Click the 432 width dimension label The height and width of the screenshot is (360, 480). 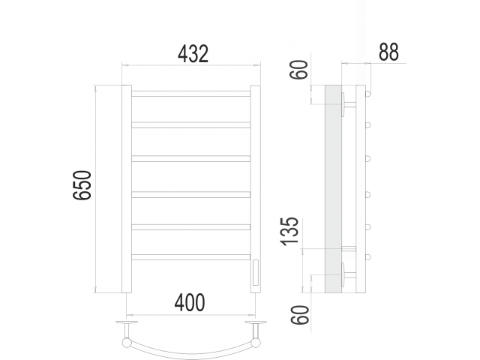point(193,54)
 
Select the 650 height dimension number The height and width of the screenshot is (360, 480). point(82,185)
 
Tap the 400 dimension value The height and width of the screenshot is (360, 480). point(190,302)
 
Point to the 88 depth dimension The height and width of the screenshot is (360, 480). point(388,52)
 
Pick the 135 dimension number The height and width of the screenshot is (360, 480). point(289,231)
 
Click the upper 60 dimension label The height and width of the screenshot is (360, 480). point(298,70)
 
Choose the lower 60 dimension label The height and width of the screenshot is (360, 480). point(300,315)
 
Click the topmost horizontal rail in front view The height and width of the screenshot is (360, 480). point(191,94)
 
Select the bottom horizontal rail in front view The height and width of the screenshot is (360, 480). point(191,257)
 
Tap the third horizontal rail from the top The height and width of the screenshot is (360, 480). point(191,158)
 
